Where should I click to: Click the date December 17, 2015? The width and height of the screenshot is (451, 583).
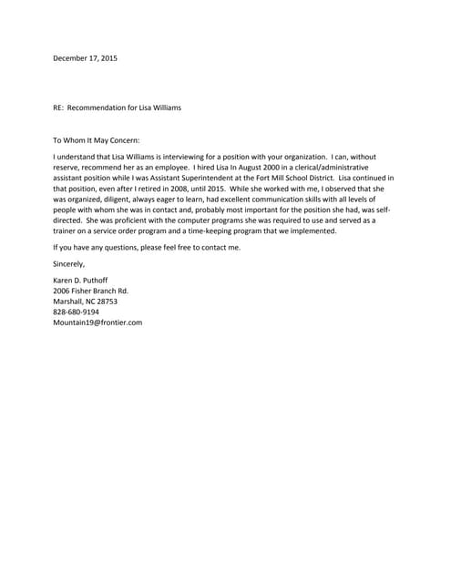click(85, 58)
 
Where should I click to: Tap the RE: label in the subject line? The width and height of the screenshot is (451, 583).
click(60, 107)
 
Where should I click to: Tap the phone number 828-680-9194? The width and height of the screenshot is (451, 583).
click(77, 311)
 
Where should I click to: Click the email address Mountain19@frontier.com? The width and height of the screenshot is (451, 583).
click(97, 322)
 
